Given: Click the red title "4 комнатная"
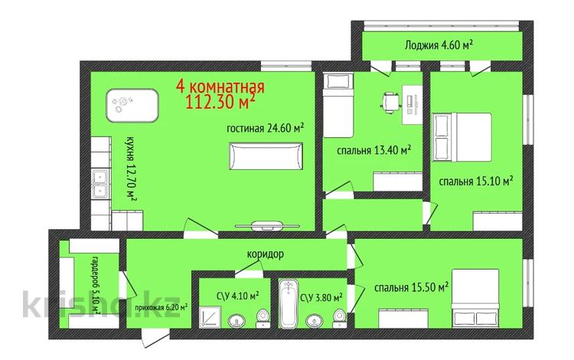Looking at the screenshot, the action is [220, 87].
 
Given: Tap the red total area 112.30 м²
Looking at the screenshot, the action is [220, 102].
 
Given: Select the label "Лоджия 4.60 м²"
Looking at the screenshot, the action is [439, 45].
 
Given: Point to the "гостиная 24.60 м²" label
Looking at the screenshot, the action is [266, 129].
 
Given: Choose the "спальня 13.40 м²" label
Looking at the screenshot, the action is [373, 150].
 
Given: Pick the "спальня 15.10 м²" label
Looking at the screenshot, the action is [475, 181].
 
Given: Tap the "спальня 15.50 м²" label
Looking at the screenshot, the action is [412, 287].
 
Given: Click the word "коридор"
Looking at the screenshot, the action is [266, 254].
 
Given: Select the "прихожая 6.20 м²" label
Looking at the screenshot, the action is [161, 307].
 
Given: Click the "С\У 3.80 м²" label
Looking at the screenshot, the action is [321, 298].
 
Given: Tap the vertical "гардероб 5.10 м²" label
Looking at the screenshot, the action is [96, 283].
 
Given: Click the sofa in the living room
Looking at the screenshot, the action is [266, 156].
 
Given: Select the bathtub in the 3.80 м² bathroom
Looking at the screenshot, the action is [289, 303].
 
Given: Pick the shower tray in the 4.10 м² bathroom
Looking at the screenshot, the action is [211, 317].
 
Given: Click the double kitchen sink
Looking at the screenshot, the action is [100, 184].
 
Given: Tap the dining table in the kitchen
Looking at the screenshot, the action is [132, 106].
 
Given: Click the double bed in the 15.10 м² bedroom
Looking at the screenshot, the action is [462, 137].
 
